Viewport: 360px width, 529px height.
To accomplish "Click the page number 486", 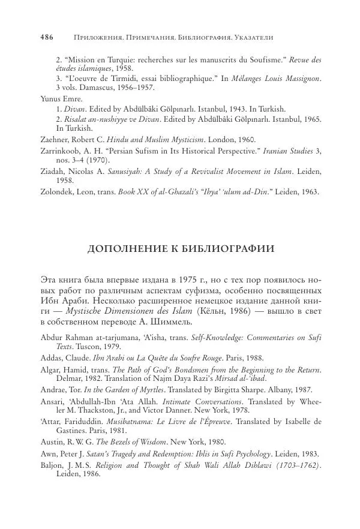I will [47, 37].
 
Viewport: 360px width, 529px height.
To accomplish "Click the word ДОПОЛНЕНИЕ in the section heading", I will [124, 249].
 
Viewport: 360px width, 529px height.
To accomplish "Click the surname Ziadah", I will [52, 172].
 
